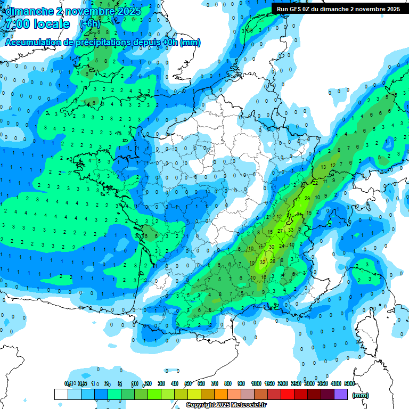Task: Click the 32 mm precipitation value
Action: [x=263, y=262]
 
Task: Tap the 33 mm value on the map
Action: [x=290, y=230]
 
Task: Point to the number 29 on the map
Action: [x=307, y=198]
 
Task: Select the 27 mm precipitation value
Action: [x=280, y=231]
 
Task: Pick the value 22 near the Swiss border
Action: [x=315, y=183]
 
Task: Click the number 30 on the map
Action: [x=272, y=247]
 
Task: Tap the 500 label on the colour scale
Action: [x=349, y=383]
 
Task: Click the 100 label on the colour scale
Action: [x=256, y=383]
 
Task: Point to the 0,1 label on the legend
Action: [x=68, y=383]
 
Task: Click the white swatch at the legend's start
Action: [x=61, y=394]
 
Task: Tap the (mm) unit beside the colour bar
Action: [x=361, y=395]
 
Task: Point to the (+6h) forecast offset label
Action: [x=89, y=24]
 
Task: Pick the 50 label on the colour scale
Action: [x=188, y=383]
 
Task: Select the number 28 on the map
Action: [x=273, y=261]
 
